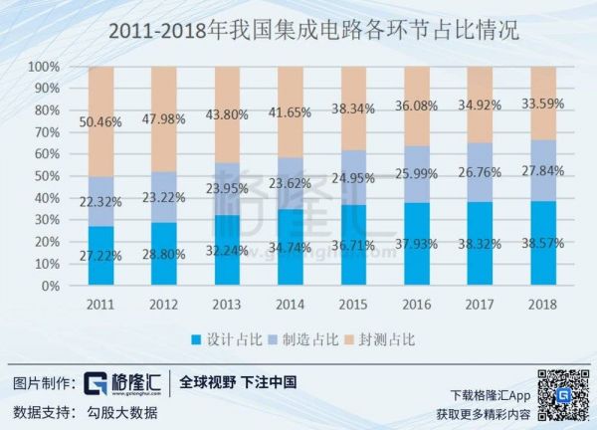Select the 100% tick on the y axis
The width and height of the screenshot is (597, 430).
[x=46, y=68]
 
